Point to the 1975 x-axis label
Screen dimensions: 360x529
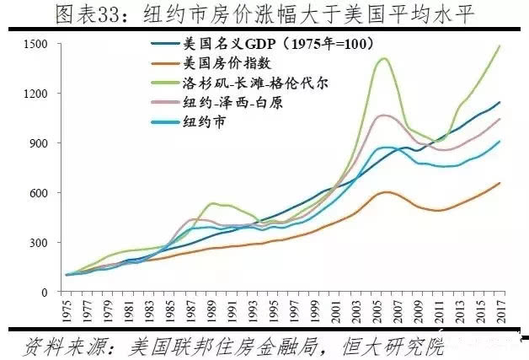pyautogui.click(x=65, y=309)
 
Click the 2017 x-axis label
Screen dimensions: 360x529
pyautogui.click(x=500, y=309)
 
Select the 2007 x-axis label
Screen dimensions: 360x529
pyautogui.click(x=396, y=309)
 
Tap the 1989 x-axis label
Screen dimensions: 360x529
pyautogui.click(x=210, y=309)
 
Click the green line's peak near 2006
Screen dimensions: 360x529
pyautogui.click(x=384, y=58)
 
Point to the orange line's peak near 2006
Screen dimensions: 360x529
pyautogui.click(x=386, y=191)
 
